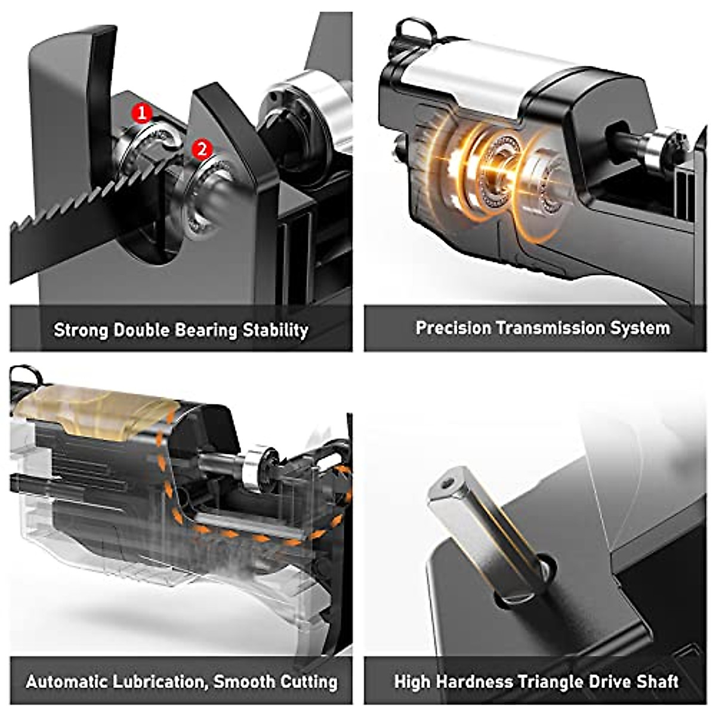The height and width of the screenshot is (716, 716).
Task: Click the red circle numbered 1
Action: click(x=142, y=112)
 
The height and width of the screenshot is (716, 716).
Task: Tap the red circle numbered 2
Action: click(x=202, y=149)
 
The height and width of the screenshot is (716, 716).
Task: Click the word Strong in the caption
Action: click(x=81, y=330)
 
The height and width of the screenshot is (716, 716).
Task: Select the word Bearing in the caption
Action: click(x=205, y=330)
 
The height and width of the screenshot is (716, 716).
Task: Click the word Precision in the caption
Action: click(x=453, y=328)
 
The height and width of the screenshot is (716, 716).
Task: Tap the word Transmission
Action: click(x=550, y=328)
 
